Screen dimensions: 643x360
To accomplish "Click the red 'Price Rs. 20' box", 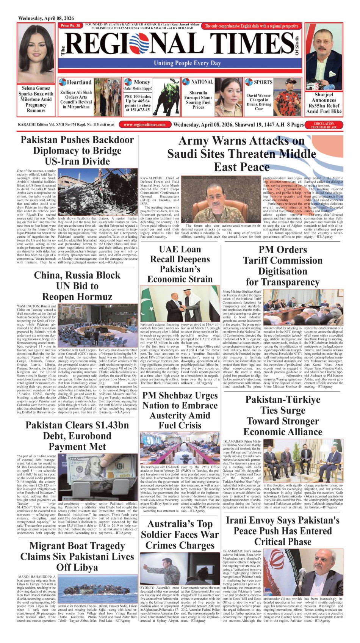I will pyautogui.click(x=71, y=26).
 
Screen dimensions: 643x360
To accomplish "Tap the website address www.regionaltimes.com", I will pyautogui.click(x=144, y=125).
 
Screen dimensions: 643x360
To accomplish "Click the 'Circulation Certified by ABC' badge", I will pyautogui.click(x=324, y=125).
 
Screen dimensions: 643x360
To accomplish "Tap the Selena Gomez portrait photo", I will pyautogui.click(x=36, y=53).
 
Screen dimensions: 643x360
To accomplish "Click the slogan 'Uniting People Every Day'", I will pyautogui.click(x=187, y=63).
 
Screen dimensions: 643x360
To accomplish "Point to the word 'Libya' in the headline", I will pyautogui.click(x=77, y=567).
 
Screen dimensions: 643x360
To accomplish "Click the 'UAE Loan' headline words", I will pyautogui.click(x=180, y=249).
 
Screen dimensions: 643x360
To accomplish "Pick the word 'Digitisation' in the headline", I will pyautogui.click(x=283, y=271).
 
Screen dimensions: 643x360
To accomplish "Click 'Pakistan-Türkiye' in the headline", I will pyautogui.click(x=283, y=400).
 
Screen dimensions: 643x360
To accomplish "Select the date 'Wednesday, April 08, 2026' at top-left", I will pyautogui.click(x=46, y=18).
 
